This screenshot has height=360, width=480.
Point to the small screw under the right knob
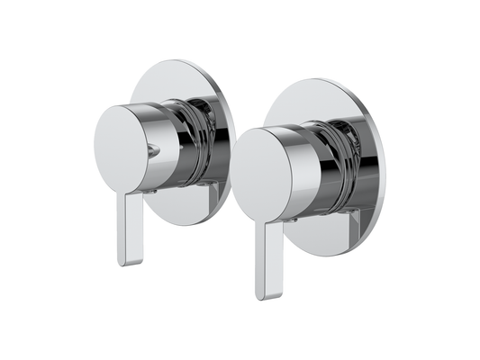click(x=294, y=219)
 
